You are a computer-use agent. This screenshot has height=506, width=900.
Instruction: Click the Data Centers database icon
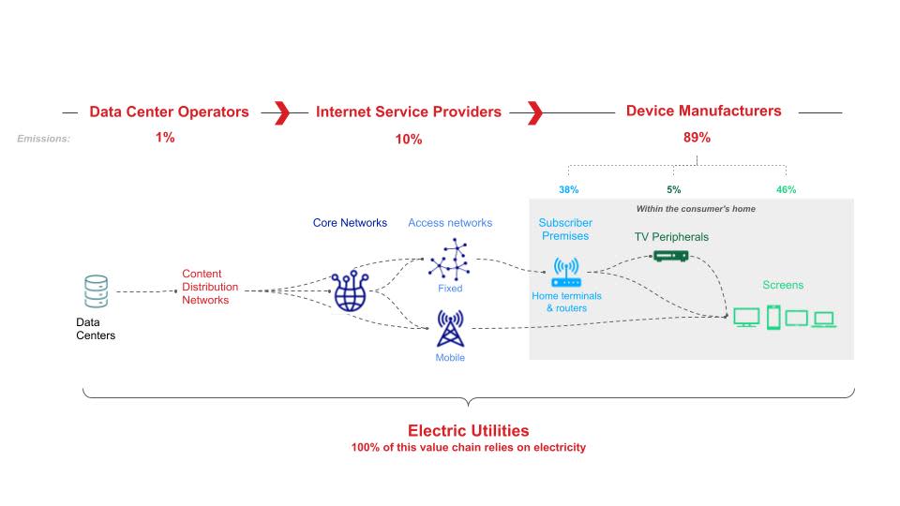point(96,291)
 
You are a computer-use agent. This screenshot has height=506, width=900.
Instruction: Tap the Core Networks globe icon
point(350,291)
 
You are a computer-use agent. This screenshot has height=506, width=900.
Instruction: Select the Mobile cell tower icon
point(451,329)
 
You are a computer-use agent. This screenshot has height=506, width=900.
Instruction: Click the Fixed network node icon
point(449,260)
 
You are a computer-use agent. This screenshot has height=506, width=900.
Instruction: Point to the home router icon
point(566,273)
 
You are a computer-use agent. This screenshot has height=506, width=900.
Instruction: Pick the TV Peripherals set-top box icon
point(671,256)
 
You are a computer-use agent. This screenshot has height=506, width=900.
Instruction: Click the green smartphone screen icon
point(773,318)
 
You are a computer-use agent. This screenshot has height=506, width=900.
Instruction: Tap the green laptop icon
point(824,319)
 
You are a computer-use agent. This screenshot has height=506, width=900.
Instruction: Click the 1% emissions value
point(165,138)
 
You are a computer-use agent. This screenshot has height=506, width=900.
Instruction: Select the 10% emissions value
point(409,140)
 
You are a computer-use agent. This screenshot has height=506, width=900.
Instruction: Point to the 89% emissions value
point(697,138)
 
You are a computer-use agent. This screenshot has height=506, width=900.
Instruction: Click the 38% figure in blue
point(569,190)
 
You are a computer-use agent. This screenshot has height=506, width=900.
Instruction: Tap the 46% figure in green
point(786,190)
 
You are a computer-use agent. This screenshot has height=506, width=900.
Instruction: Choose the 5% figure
point(674,190)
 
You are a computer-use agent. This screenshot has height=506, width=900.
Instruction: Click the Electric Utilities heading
point(469,431)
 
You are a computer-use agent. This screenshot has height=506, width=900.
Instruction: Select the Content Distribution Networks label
point(210,287)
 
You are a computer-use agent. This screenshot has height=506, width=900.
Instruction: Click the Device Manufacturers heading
point(704,111)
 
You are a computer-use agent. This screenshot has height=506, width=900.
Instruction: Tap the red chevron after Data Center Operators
point(282,113)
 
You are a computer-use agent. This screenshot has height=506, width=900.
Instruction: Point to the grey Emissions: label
point(44,139)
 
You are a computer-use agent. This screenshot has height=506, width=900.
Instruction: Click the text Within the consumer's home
point(696,209)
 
